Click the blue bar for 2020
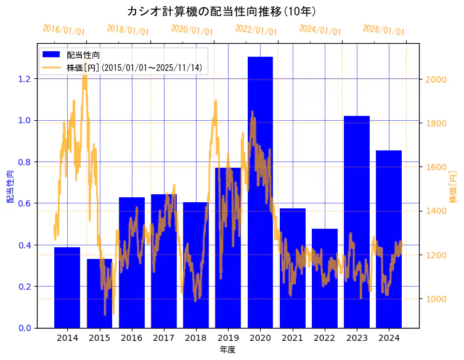click(x=260, y=192)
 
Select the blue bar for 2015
click(x=99, y=293)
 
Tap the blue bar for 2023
click(x=357, y=222)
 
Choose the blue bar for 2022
click(x=325, y=278)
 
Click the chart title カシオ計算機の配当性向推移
click(x=222, y=12)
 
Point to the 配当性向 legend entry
click(x=84, y=55)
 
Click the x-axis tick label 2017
click(x=164, y=338)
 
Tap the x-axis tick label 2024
click(x=389, y=338)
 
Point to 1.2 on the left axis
click(x=25, y=79)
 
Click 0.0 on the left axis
click(x=25, y=328)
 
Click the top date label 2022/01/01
click(x=256, y=30)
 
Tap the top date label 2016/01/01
click(x=64, y=30)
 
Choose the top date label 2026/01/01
click(x=384, y=30)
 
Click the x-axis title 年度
click(x=228, y=350)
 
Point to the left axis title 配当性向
click(x=10, y=187)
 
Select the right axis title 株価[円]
click(x=454, y=187)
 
